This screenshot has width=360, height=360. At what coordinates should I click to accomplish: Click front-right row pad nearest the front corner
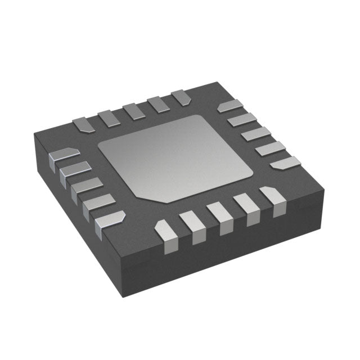164,230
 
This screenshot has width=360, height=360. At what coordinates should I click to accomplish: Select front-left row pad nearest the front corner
110,220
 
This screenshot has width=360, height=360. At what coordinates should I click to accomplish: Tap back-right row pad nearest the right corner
285,163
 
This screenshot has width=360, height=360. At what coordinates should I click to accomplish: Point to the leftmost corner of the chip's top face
34,133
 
